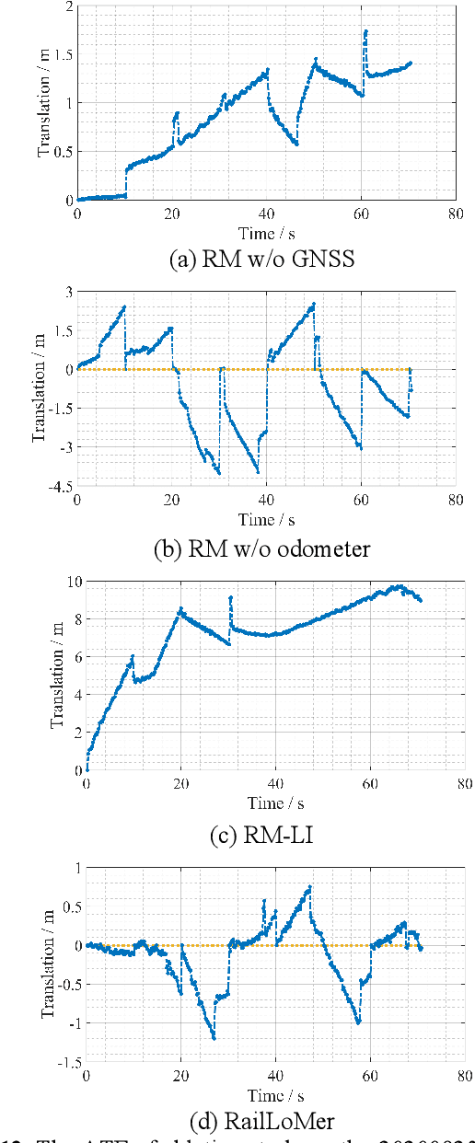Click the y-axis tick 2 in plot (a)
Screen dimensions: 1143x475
tap(67, 6)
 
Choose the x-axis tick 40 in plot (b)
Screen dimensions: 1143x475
tap(265, 501)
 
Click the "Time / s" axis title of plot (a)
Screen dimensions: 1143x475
tap(265, 232)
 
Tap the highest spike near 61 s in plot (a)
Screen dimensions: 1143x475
tap(365, 31)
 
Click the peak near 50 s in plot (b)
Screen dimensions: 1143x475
tap(313, 304)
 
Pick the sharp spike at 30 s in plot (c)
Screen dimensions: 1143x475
tap(230, 597)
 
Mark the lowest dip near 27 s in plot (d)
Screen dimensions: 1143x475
tap(214, 1038)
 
